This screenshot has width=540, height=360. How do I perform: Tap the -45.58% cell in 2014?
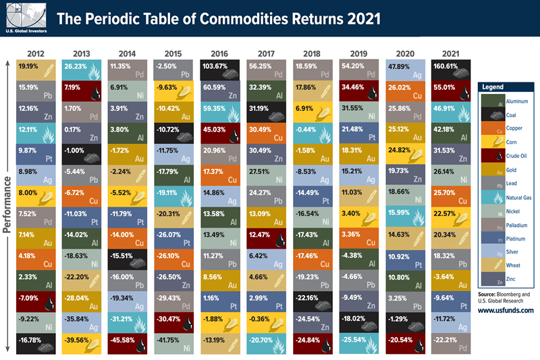128,343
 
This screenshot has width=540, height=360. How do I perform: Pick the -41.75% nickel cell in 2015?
174,343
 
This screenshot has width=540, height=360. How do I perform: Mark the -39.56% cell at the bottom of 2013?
82,343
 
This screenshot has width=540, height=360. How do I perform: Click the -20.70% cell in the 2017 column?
267,343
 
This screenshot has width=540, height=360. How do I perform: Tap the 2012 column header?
36,53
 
